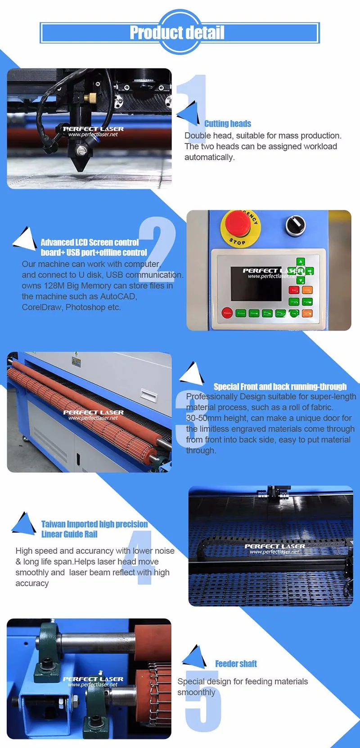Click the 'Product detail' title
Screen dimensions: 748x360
177,32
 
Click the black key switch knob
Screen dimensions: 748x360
295,224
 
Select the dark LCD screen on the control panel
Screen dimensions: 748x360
256,284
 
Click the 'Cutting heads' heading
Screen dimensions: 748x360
228,124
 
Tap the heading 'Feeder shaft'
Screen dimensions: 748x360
236,664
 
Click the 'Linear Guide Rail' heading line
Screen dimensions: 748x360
69,534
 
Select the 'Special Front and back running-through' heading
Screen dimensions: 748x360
280,386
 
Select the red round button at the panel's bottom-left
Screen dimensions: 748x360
227,313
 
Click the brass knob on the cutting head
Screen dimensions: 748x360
93,97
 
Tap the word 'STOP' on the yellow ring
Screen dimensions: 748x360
238,242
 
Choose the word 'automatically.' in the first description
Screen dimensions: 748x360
210,157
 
